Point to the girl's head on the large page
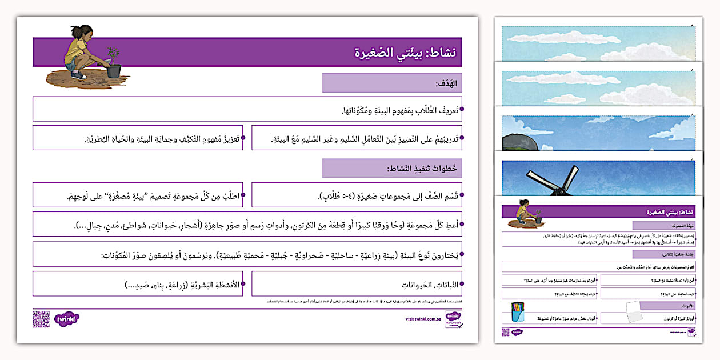(79, 33)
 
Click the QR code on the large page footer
(41, 318)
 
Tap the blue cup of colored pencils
(518, 313)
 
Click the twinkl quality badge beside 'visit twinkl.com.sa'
(453, 318)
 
